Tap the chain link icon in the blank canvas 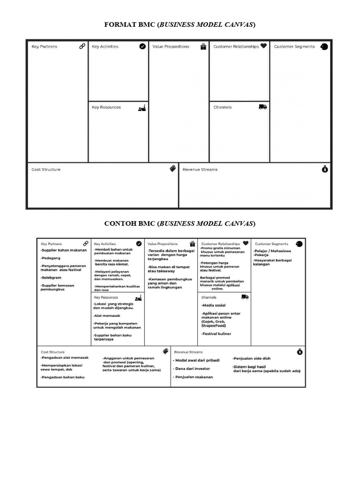tap(82, 46)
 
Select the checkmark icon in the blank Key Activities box tap(142, 46)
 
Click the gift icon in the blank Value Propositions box tap(203, 46)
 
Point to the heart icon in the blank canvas tap(263, 46)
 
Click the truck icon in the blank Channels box tap(262, 107)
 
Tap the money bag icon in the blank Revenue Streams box tap(325, 169)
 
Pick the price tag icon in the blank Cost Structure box tap(172, 169)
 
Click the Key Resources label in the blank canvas tap(106, 107)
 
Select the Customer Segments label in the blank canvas tap(294, 47)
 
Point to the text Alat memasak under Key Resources tap(107, 315)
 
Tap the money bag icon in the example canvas tap(299, 352)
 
